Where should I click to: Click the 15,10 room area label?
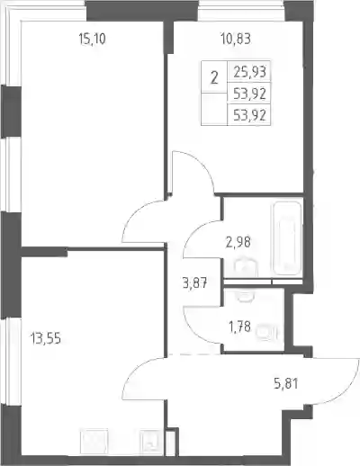click(92, 39)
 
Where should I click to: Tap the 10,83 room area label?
click(236, 39)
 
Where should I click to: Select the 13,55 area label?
click(45, 339)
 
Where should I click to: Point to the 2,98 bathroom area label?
click(238, 242)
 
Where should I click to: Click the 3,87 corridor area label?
click(194, 282)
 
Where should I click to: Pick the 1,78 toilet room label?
click(239, 327)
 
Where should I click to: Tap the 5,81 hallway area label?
click(286, 383)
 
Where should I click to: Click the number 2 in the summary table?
click(214, 77)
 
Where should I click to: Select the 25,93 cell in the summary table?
click(249, 72)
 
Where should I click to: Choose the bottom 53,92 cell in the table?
click(249, 115)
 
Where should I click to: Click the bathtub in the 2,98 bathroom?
click(286, 238)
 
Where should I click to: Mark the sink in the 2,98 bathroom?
click(246, 267)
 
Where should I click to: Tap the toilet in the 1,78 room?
click(267, 333)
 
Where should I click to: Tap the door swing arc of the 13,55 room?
click(132, 372)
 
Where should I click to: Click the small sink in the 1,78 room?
click(246, 296)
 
